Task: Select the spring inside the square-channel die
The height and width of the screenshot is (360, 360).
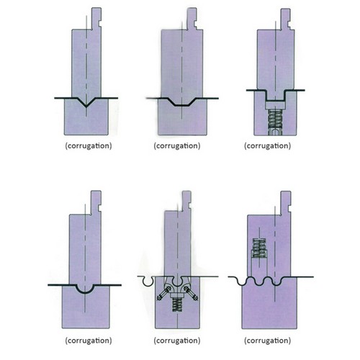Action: point(275,120)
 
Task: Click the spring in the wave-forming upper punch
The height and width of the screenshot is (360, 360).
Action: point(259,248)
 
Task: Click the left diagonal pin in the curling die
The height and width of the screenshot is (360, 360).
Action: point(164,294)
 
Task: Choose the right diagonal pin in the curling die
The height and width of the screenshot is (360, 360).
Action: point(191,294)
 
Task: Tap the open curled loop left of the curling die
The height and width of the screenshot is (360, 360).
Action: point(148,282)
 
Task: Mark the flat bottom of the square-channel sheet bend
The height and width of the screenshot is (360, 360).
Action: point(275,100)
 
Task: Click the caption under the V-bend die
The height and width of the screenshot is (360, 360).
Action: point(89,146)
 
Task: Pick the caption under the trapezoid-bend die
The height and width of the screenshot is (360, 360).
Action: point(177,146)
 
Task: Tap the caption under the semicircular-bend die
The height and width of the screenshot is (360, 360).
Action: point(89,341)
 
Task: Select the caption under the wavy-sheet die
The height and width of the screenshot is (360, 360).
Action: point(267,341)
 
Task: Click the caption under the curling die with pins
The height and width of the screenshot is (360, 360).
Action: point(177,341)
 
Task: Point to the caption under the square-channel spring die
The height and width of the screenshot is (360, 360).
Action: point(267,146)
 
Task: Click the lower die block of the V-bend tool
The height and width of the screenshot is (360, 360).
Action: point(86,120)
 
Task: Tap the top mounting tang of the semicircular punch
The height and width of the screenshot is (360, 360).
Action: point(96,202)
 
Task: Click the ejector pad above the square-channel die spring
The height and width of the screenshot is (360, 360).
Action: point(275,105)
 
